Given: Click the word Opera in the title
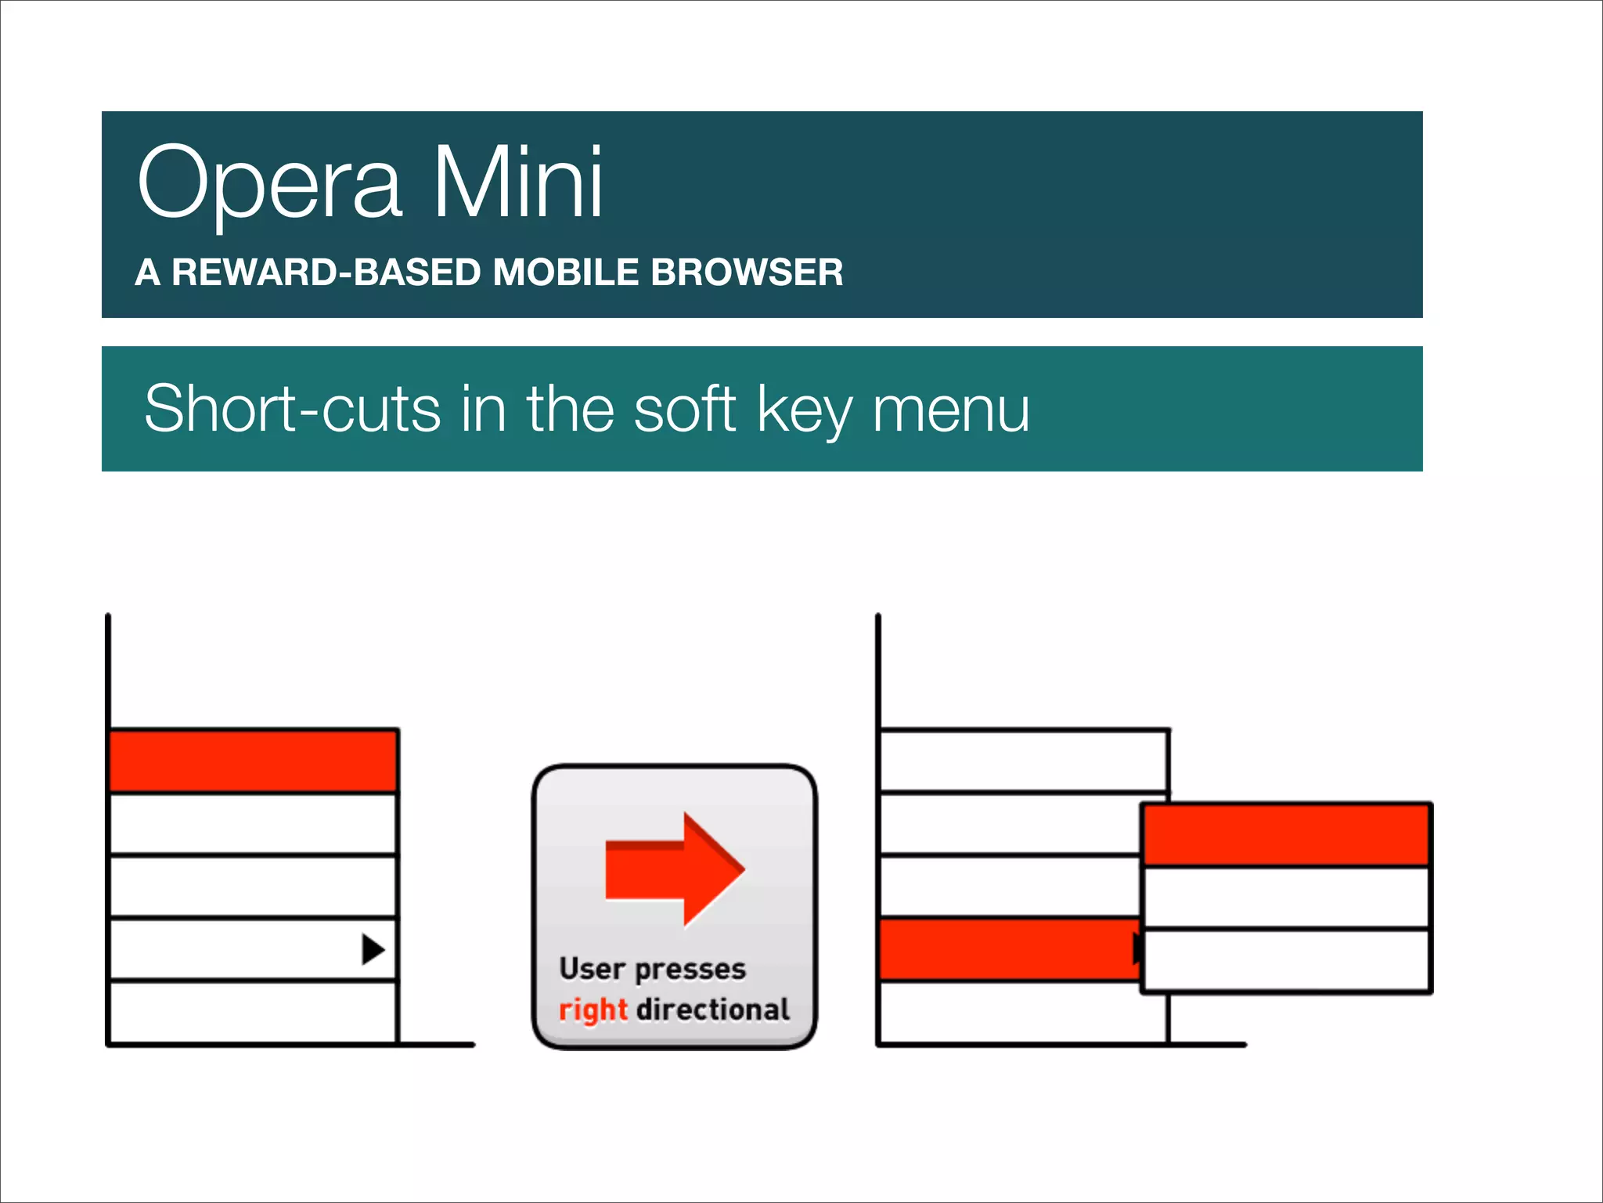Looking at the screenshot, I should pos(270,184).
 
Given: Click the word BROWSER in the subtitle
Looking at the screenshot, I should pos(747,273).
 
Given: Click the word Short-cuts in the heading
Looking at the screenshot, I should pos(293,408).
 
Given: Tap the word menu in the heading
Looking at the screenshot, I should pos(950,410).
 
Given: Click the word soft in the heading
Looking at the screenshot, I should pos(684,408).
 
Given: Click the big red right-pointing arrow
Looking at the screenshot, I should pos(674,869).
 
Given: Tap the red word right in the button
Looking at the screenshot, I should pos(593,1010).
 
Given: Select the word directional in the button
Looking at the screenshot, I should pos(712,1009).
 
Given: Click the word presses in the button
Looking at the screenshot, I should pos(690,970).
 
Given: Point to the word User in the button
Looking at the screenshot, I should pos(591,969).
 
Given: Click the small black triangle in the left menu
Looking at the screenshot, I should pos(373,949).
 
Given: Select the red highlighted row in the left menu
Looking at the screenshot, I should pos(253,760).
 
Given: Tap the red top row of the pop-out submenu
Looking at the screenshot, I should pos(1285,834).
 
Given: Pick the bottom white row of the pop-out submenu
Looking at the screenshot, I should pos(1285,960).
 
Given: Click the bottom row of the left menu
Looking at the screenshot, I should pos(253,1012).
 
